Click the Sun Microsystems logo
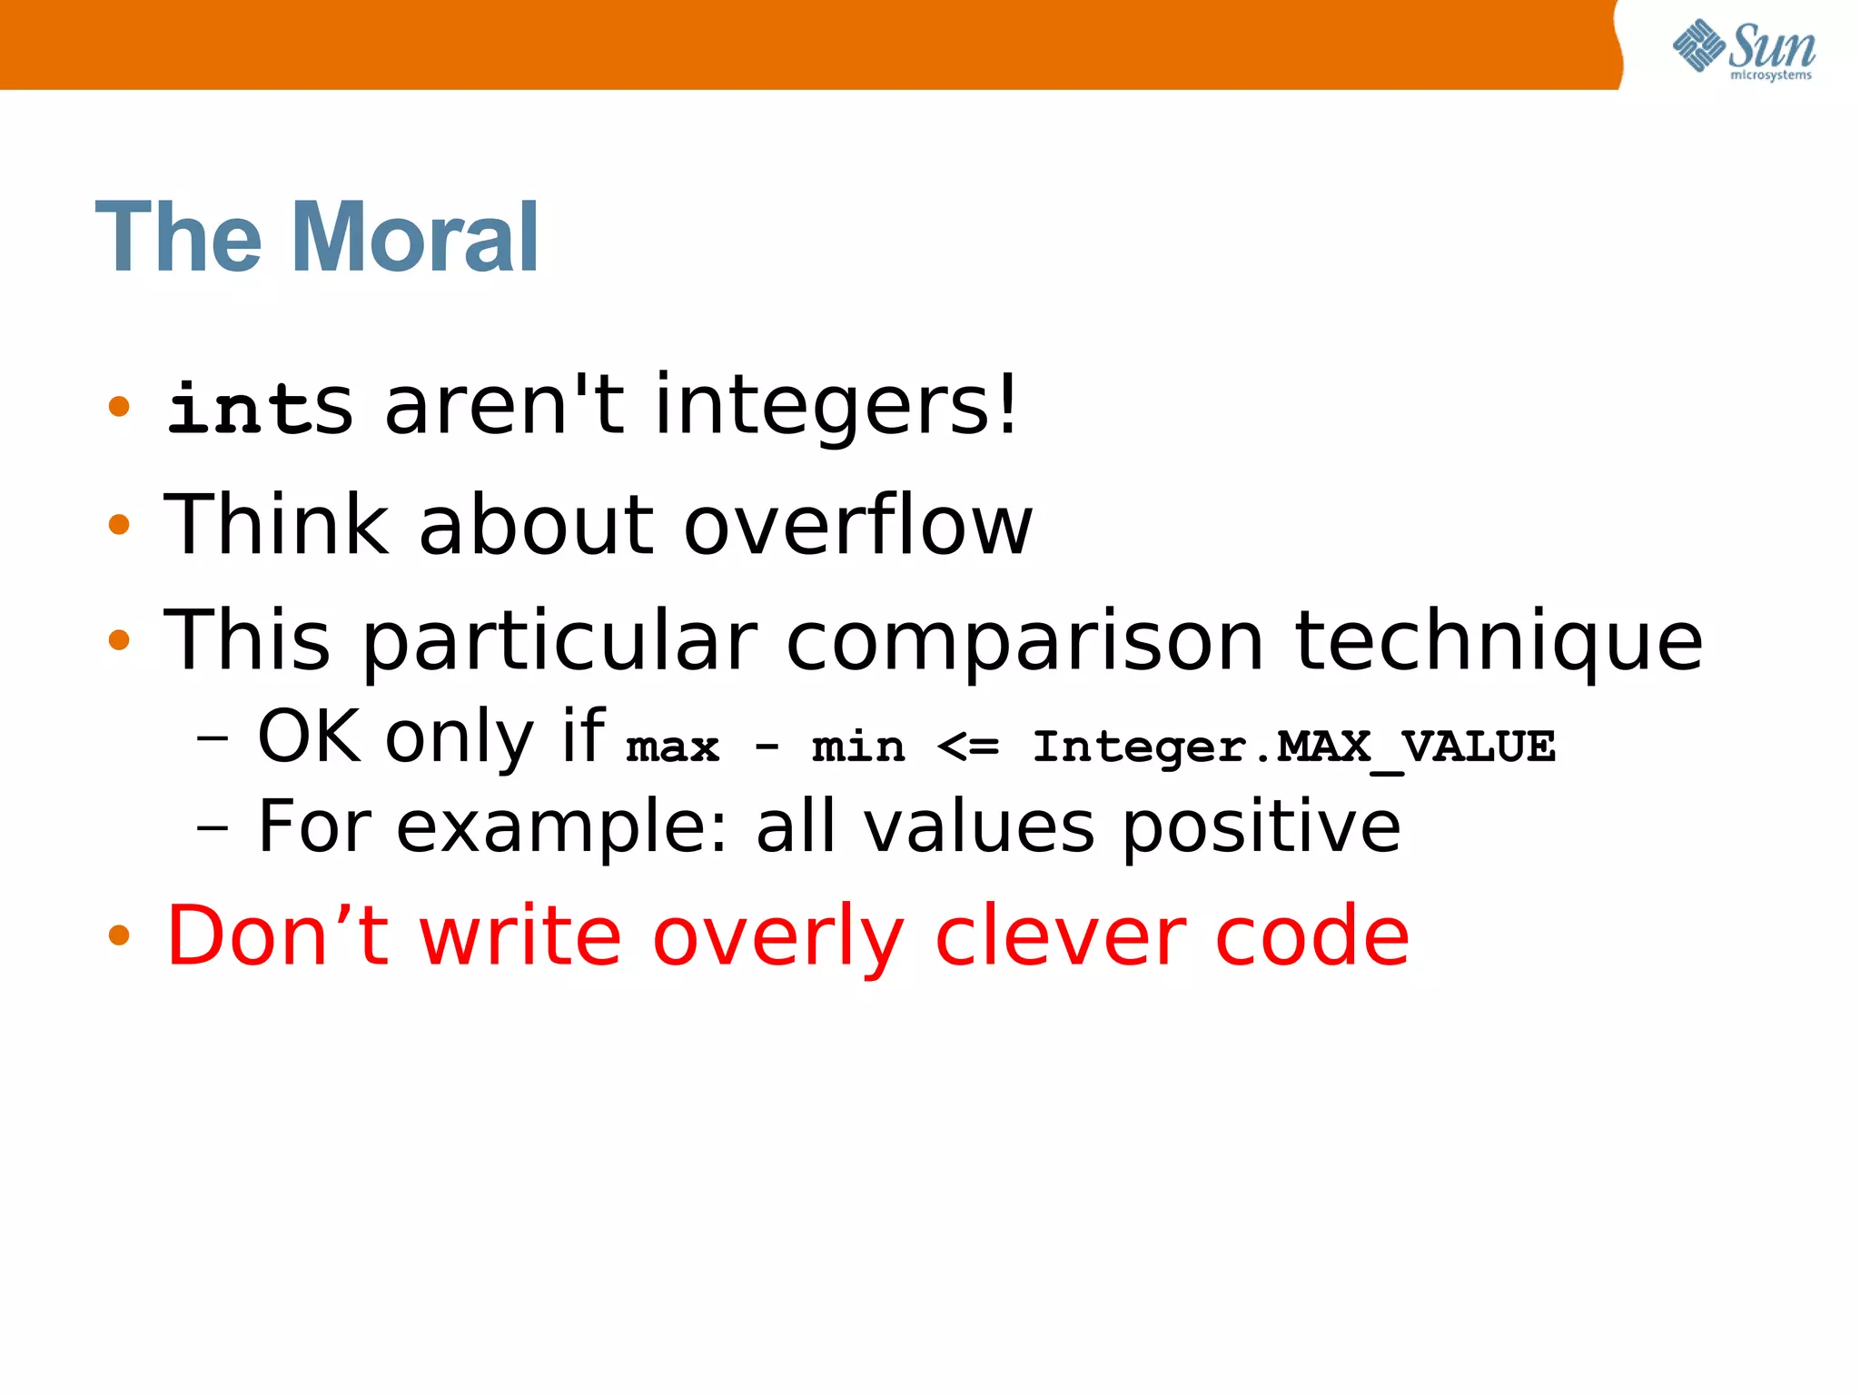(1743, 50)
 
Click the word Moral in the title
(416, 238)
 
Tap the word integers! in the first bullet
(836, 407)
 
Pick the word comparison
(1024, 643)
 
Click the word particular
(559, 643)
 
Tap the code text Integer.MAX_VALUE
(1293, 747)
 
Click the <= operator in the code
(968, 747)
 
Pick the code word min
(858, 747)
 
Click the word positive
(1261, 828)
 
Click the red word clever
(1060, 937)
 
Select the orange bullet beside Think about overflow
(119, 524)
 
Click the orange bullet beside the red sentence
(119, 935)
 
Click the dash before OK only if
(213, 738)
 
